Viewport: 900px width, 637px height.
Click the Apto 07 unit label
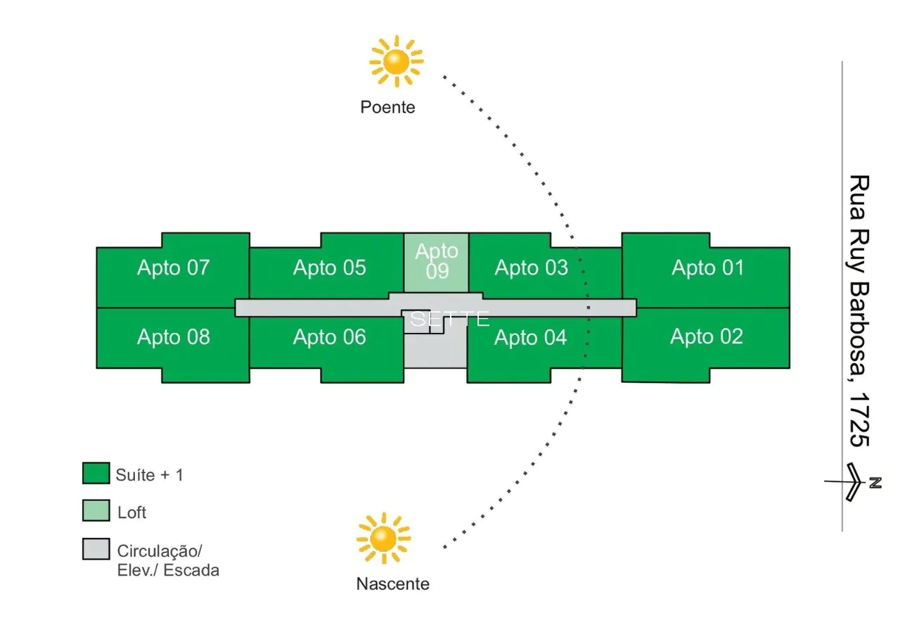[x=173, y=268]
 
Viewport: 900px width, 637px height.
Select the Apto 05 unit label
[x=329, y=268]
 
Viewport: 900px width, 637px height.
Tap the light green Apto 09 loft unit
[x=436, y=262]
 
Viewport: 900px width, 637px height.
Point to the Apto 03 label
[x=531, y=268]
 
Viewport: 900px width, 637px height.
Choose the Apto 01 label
[x=707, y=268]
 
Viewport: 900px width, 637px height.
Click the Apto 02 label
[x=706, y=337]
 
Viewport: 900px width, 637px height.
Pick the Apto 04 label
[x=530, y=339]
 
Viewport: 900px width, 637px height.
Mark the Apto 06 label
[x=329, y=338]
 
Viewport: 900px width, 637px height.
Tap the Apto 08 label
[x=173, y=337]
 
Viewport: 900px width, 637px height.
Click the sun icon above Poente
[x=396, y=61]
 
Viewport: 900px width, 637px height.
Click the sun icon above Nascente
[x=383, y=539]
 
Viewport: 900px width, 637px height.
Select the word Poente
[x=387, y=108]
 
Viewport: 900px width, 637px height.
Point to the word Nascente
[x=392, y=584]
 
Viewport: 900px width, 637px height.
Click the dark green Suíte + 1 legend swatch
[x=96, y=474]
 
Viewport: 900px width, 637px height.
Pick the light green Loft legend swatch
[x=96, y=511]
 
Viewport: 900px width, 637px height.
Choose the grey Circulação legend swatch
[x=96, y=549]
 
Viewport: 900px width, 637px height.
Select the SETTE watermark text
[x=449, y=320]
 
